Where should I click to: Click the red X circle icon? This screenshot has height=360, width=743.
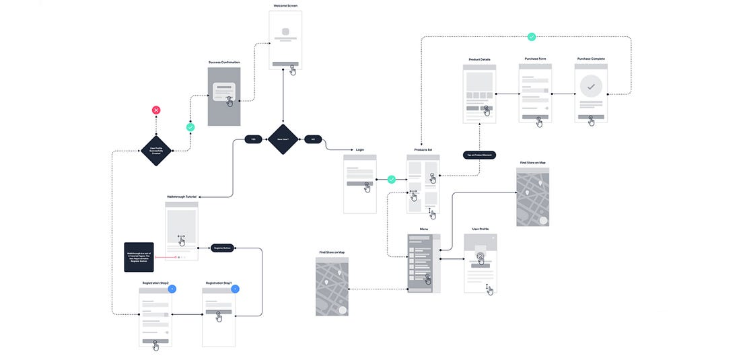(x=156, y=110)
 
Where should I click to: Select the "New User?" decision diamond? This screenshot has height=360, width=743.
(x=283, y=139)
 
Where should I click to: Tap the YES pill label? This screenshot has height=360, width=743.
(x=253, y=139)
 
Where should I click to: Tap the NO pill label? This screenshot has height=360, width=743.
(x=313, y=139)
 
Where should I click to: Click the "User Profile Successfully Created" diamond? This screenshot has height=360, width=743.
(x=156, y=151)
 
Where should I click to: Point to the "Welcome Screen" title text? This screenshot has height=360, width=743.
(x=285, y=5)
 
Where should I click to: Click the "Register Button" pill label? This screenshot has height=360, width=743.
(x=221, y=248)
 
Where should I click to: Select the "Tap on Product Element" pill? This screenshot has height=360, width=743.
(x=480, y=155)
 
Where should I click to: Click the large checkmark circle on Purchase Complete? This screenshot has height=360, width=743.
(x=591, y=87)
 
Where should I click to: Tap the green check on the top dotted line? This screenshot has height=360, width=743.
(x=532, y=37)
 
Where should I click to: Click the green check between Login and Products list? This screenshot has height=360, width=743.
(x=392, y=180)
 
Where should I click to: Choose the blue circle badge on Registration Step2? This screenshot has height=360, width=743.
(x=172, y=289)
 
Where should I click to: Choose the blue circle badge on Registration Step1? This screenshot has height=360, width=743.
(x=235, y=289)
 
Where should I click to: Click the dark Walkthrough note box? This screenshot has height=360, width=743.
(x=139, y=257)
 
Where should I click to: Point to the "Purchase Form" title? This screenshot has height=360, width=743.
(x=536, y=59)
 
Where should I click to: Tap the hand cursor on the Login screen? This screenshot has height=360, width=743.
(x=367, y=188)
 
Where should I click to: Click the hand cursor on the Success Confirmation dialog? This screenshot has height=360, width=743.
(x=229, y=102)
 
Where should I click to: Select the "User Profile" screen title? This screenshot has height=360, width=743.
(x=480, y=229)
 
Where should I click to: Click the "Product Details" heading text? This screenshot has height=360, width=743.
(x=479, y=59)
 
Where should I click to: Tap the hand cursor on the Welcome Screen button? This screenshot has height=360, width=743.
(x=293, y=70)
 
